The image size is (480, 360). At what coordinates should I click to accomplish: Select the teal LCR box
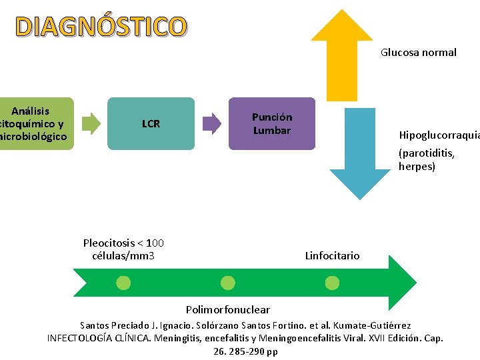[x=151, y=123]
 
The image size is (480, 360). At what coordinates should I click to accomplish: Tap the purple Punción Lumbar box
[x=272, y=123]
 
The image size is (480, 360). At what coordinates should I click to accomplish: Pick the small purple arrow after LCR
[x=211, y=123]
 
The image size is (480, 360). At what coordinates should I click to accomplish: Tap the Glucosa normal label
[x=418, y=52]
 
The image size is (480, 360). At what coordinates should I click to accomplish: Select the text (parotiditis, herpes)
[x=427, y=160]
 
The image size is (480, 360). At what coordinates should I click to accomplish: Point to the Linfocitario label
[x=332, y=255]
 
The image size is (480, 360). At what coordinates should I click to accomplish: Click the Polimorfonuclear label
[x=228, y=309]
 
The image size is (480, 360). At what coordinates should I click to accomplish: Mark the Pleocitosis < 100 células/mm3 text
[x=123, y=249]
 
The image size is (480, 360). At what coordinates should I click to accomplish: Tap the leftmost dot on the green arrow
[x=123, y=283]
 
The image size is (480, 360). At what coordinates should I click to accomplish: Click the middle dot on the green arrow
[x=228, y=283]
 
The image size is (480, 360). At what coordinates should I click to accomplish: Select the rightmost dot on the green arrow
[x=332, y=283]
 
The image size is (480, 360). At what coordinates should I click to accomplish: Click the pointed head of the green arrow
[x=401, y=283]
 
